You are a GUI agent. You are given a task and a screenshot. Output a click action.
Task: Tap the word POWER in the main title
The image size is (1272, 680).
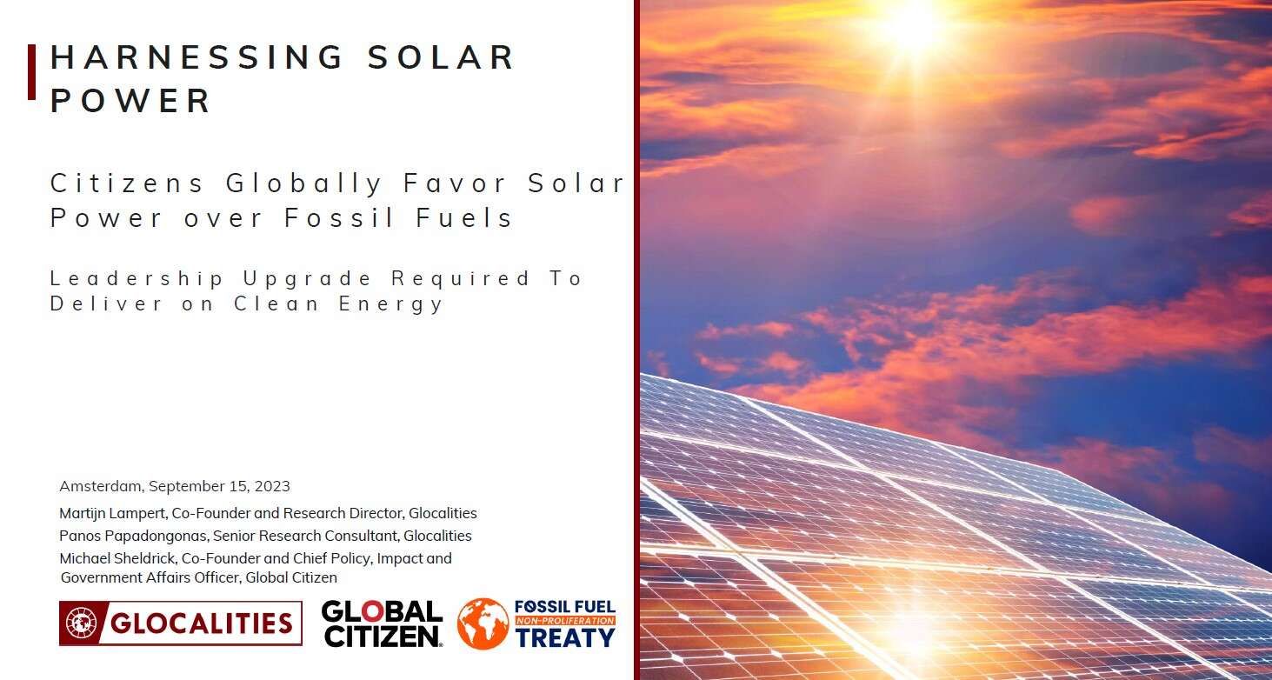pyautogui.click(x=130, y=101)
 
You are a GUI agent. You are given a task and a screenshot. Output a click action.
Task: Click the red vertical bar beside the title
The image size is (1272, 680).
pyautogui.click(x=32, y=72)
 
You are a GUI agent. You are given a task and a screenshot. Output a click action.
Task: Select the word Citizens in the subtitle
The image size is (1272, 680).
pyautogui.click(x=127, y=183)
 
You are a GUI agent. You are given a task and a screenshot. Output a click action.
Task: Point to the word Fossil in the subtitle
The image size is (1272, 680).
pyautogui.click(x=338, y=217)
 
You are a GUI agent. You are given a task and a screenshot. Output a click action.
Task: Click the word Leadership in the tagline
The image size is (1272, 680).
pyautogui.click(x=137, y=279)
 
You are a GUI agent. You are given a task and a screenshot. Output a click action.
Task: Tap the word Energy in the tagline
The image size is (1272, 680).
pyautogui.click(x=390, y=304)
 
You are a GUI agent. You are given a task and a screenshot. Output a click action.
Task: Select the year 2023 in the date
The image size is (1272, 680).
pyautogui.click(x=272, y=486)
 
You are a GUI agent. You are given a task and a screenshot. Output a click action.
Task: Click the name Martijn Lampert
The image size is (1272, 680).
pyautogui.click(x=112, y=514)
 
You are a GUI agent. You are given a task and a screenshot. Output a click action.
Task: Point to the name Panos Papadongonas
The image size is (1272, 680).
pyautogui.click(x=133, y=537)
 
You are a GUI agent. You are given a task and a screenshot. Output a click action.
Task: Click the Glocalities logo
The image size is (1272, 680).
pyautogui.click(x=181, y=623)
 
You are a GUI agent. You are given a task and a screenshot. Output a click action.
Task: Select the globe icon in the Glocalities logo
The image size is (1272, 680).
pyautogui.click(x=81, y=623)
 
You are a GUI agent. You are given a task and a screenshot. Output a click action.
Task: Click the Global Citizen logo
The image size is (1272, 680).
pyautogui.click(x=382, y=623)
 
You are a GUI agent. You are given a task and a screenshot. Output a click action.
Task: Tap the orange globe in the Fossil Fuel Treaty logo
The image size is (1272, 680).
pyautogui.click(x=483, y=623)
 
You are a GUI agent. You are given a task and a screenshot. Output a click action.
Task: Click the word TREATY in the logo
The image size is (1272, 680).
pyautogui.click(x=565, y=638)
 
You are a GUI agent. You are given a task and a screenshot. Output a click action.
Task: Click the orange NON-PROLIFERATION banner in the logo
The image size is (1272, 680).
pyautogui.click(x=565, y=621)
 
